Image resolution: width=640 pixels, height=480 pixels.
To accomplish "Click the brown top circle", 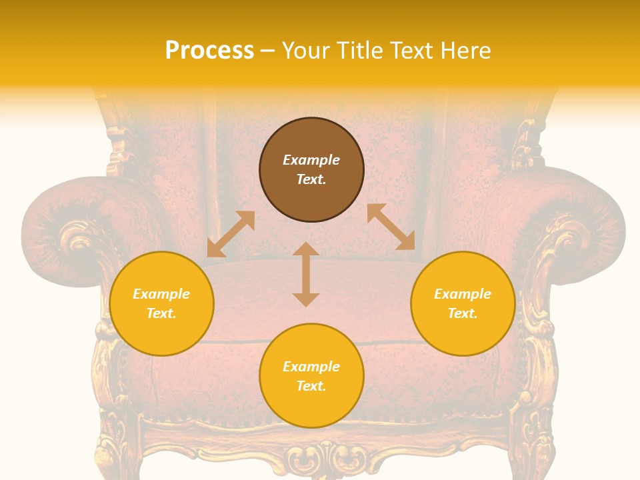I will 311,170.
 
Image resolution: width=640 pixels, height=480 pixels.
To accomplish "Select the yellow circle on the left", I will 161,303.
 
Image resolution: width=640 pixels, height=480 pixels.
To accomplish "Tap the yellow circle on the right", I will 463,303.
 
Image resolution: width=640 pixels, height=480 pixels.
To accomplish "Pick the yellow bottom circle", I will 311,376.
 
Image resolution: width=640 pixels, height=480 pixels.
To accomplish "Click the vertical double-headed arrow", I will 306,274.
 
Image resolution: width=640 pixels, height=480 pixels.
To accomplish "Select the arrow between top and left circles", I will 231,234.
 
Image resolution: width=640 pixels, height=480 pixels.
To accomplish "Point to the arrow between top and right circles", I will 391,227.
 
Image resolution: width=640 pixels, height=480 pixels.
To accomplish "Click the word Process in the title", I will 209,51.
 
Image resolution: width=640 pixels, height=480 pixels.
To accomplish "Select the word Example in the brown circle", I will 311,160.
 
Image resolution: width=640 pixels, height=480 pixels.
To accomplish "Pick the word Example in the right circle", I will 463,294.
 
